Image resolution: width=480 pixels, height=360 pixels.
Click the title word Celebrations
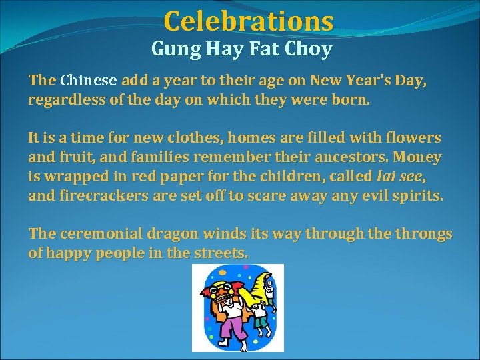click(x=248, y=21)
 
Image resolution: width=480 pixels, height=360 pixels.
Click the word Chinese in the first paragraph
click(x=89, y=81)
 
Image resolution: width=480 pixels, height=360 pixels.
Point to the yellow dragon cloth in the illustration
click(x=255, y=287)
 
